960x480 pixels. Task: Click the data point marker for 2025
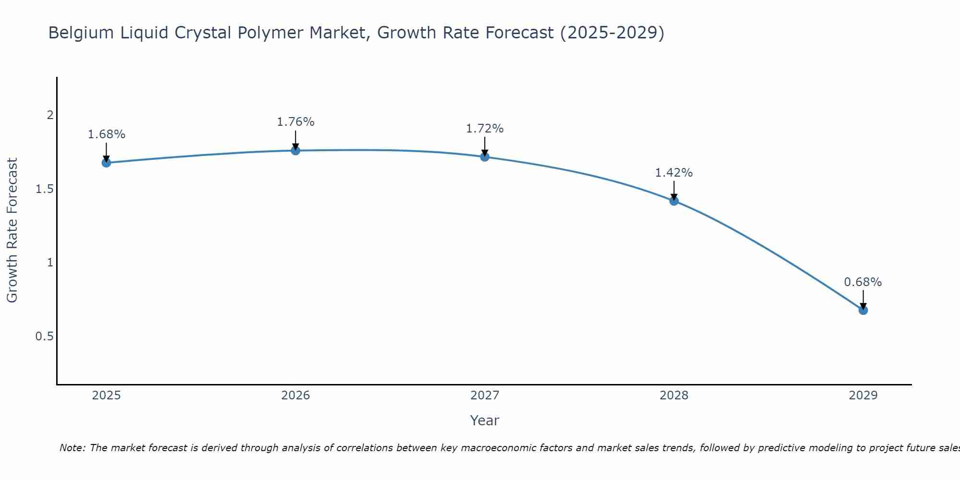click(107, 163)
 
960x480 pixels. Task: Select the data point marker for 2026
click(296, 151)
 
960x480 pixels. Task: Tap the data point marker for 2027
click(485, 156)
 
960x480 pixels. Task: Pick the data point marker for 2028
click(674, 201)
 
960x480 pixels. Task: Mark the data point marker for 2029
click(863, 310)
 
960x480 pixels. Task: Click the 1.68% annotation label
click(107, 134)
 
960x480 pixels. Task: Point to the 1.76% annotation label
click(296, 122)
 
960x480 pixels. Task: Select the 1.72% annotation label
click(485, 129)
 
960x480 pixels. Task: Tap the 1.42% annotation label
click(674, 173)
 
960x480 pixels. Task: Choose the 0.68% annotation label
click(863, 282)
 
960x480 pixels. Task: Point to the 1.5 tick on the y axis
click(45, 189)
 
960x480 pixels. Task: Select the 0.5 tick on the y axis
click(45, 336)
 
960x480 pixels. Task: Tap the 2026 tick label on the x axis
click(296, 396)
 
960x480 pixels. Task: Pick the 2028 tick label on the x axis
click(674, 396)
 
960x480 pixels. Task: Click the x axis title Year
click(485, 420)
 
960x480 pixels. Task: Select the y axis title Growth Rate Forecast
click(12, 230)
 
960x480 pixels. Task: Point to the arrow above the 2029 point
click(863, 299)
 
